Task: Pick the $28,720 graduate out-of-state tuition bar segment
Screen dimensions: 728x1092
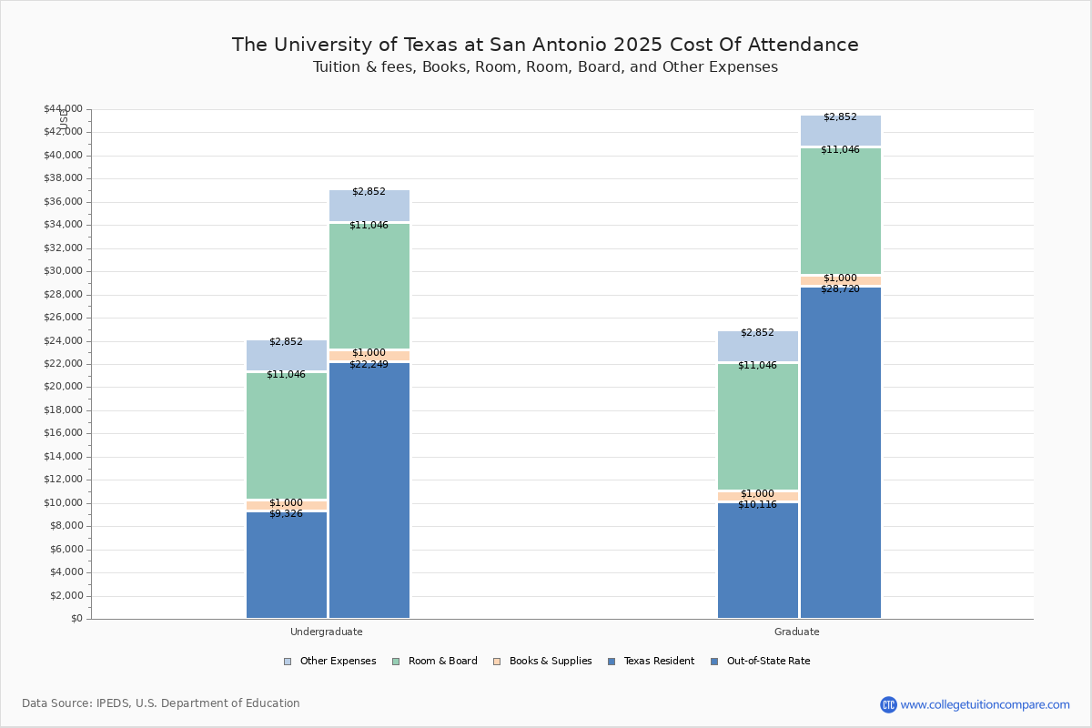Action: tap(840, 455)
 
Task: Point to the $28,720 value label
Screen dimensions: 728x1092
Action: tap(840, 289)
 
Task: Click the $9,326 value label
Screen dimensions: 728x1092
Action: tap(286, 514)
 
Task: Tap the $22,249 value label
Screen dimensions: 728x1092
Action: tap(369, 365)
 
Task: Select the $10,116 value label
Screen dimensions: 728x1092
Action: tap(757, 505)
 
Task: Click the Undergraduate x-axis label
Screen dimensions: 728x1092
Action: tap(326, 632)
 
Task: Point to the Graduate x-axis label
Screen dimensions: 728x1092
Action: tap(796, 632)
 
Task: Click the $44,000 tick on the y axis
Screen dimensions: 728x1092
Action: tap(63, 109)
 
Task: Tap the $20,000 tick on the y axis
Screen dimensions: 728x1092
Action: tap(63, 388)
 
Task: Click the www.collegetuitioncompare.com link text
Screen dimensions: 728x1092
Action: tap(985, 704)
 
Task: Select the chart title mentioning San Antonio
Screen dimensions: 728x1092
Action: tap(545, 45)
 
